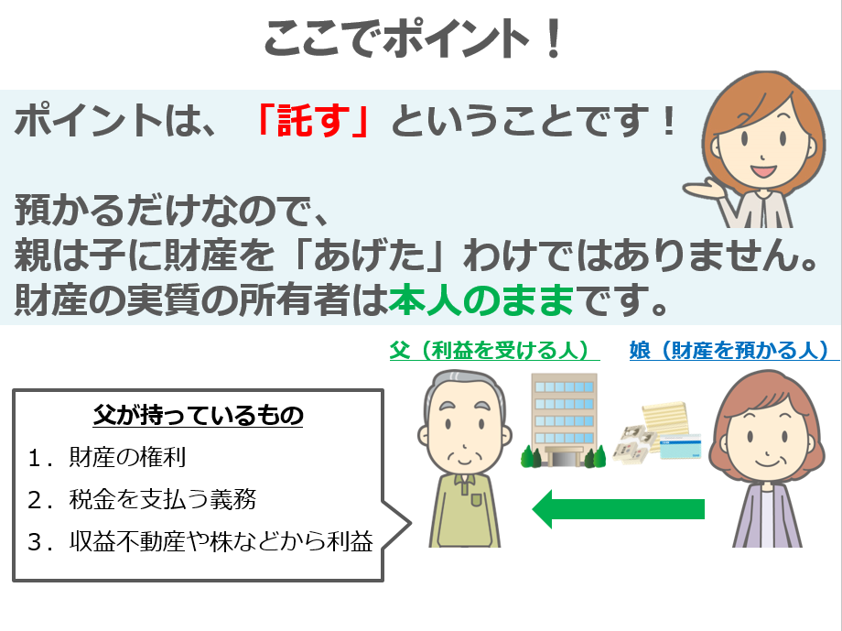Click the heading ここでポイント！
click(x=413, y=38)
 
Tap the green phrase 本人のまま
click(x=481, y=300)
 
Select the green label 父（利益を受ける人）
click(x=494, y=351)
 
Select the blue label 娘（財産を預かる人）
click(x=733, y=351)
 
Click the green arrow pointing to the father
click(x=618, y=509)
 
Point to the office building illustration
click(x=563, y=420)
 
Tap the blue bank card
click(x=680, y=446)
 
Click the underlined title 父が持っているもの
click(x=199, y=416)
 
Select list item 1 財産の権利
click(x=107, y=457)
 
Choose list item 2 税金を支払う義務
click(x=142, y=499)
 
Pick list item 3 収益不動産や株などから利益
click(x=200, y=541)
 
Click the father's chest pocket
click(x=477, y=500)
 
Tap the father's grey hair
click(x=465, y=385)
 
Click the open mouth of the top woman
click(x=763, y=171)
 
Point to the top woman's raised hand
click(x=703, y=190)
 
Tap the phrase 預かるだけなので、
click(x=172, y=210)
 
